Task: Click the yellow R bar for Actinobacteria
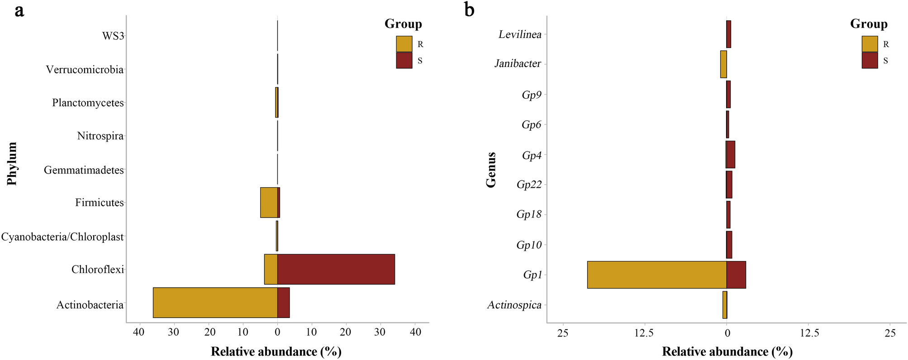click(215, 303)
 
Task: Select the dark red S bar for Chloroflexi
click(336, 269)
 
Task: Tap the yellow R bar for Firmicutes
click(269, 203)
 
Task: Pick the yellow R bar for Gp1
click(656, 275)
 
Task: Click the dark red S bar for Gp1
click(736, 275)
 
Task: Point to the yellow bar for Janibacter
click(723, 64)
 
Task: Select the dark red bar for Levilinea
click(728, 34)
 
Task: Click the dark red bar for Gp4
click(731, 155)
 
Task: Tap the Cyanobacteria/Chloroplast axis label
click(62, 237)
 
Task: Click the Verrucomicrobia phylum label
click(85, 70)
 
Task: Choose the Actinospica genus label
click(514, 305)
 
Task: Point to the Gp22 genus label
click(529, 185)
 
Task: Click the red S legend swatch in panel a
click(404, 61)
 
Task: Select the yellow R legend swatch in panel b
click(870, 44)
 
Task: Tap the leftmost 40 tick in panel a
click(139, 332)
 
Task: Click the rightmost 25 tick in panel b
click(890, 333)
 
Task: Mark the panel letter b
click(469, 9)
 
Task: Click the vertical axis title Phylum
click(12, 164)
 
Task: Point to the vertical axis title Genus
click(491, 170)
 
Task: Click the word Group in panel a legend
click(403, 24)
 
